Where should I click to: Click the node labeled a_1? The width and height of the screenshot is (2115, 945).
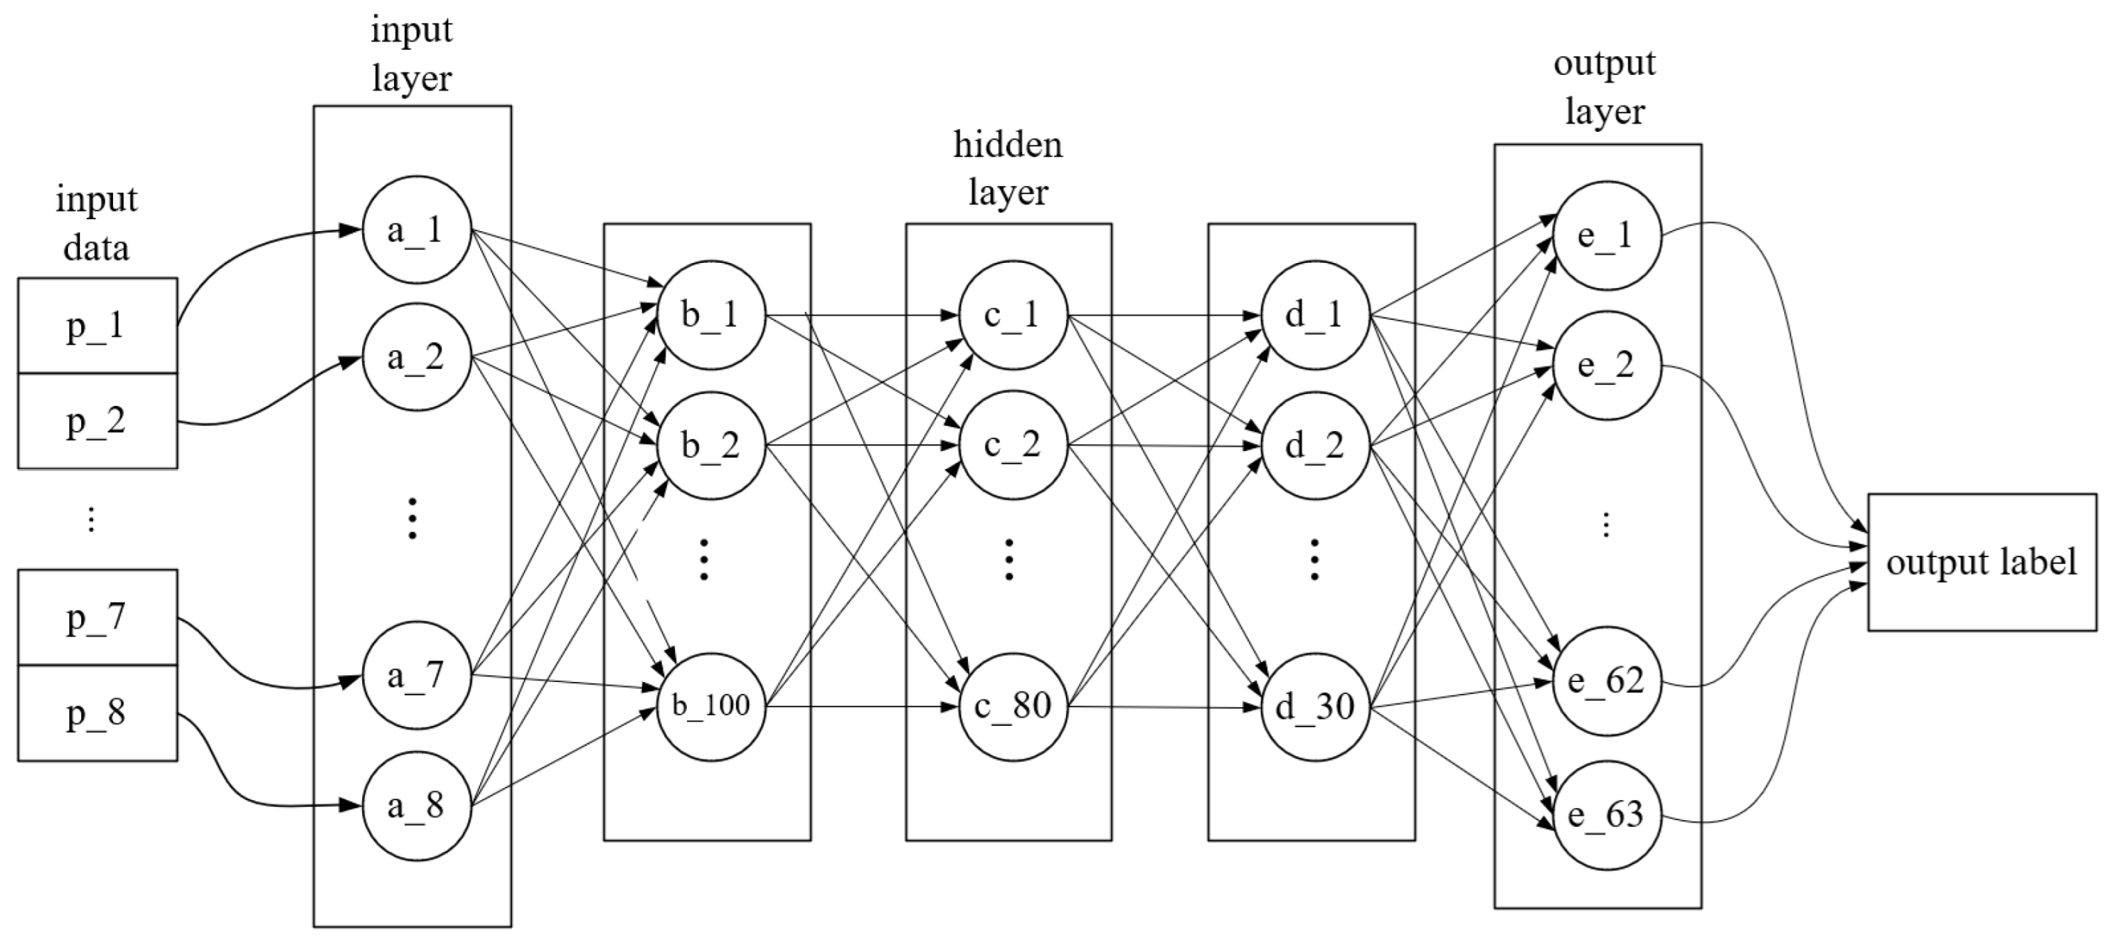click(416, 230)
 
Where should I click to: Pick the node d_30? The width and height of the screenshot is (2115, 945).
click(1314, 706)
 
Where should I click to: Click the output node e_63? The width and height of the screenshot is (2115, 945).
click(1607, 815)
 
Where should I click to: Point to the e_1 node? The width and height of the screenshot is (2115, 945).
click(1607, 236)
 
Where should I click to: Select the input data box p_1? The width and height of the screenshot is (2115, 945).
click(97, 326)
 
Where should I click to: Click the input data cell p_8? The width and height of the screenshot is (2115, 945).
click(97, 713)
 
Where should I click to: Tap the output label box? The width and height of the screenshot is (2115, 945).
click(1982, 563)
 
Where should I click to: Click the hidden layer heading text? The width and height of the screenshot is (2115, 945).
click(1008, 169)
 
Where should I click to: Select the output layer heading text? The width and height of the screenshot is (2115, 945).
click(1604, 87)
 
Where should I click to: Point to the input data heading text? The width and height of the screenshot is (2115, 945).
click(96, 223)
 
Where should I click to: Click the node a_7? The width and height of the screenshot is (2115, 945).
click(416, 676)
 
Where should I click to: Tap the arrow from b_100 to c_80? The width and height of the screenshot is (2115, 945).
click(862, 706)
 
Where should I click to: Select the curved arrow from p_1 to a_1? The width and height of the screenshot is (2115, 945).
click(246, 246)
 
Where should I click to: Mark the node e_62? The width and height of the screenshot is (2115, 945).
click(1607, 681)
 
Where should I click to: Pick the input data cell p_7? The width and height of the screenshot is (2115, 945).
click(97, 617)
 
